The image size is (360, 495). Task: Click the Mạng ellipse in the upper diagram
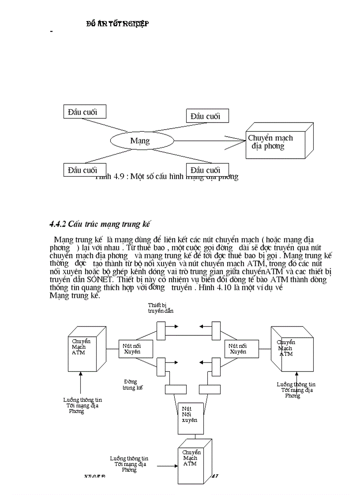click(140, 141)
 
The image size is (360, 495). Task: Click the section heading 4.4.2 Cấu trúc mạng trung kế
click(100, 224)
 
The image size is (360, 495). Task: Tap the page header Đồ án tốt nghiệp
click(117, 24)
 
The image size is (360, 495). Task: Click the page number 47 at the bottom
click(216, 476)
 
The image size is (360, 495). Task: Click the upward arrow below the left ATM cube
click(80, 383)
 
